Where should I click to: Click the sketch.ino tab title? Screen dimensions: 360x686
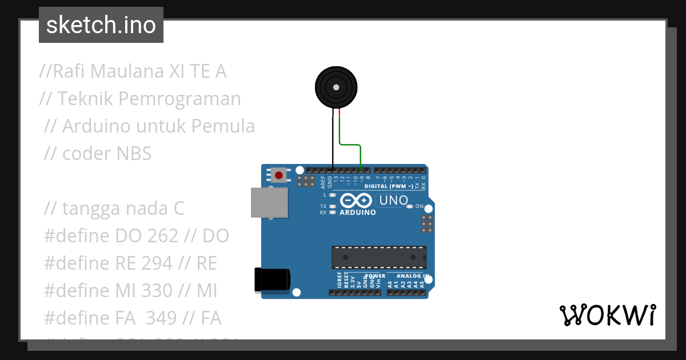(x=101, y=25)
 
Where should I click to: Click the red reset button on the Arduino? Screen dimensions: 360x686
(x=278, y=175)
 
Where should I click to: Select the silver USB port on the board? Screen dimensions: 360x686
(x=269, y=203)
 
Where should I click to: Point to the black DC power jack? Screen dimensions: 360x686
(x=272, y=280)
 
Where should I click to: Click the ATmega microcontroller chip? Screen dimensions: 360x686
(x=379, y=257)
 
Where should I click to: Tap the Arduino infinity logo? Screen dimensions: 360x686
(x=357, y=201)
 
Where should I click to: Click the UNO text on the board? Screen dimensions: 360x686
(x=393, y=201)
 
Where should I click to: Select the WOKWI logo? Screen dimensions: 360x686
(x=607, y=315)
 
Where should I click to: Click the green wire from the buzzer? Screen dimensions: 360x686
(x=350, y=145)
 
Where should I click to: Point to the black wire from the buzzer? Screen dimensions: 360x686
(x=334, y=143)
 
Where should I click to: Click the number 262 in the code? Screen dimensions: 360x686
(x=163, y=236)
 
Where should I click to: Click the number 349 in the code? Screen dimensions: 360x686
(x=161, y=318)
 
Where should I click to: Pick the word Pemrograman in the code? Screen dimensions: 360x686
(x=180, y=99)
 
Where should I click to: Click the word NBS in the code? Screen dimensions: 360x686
(x=134, y=153)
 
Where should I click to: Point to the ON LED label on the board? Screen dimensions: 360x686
(x=419, y=206)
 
